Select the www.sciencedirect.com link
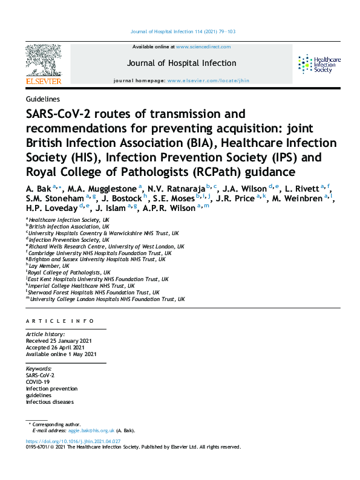point(203,47)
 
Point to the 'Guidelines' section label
point(42,99)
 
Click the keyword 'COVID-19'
point(38,382)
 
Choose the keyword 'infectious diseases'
point(49,402)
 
